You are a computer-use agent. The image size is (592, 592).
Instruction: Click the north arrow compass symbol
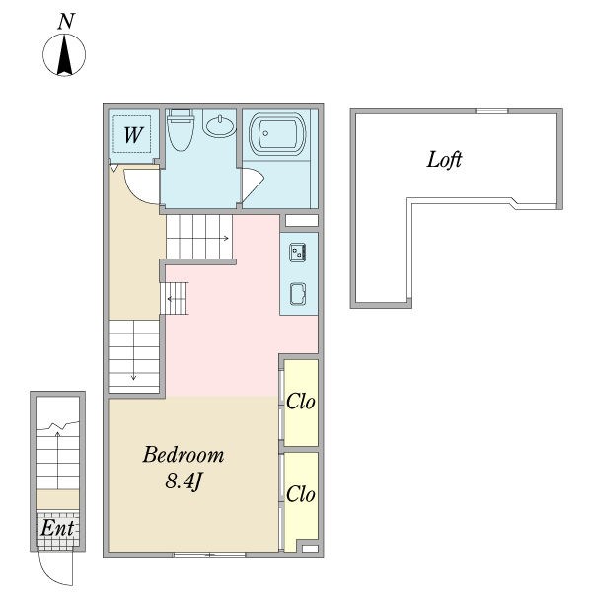click(64, 54)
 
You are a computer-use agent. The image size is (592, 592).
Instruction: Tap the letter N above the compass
click(66, 21)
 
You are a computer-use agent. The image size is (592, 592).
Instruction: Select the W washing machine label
click(133, 135)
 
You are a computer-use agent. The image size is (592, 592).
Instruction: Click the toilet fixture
click(181, 129)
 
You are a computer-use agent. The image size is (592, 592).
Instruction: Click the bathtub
click(277, 134)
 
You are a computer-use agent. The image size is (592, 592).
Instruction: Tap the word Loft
click(444, 159)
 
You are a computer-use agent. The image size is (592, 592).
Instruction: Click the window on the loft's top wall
click(491, 111)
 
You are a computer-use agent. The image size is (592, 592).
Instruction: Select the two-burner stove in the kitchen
click(298, 253)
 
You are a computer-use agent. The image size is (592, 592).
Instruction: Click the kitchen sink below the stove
click(298, 294)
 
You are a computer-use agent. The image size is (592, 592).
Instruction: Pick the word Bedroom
click(184, 455)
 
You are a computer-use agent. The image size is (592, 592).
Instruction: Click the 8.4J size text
click(184, 481)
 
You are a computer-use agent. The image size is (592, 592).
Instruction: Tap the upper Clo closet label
click(301, 402)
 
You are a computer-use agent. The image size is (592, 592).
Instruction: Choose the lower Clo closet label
click(301, 494)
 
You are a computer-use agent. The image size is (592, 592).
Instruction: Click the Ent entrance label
click(57, 528)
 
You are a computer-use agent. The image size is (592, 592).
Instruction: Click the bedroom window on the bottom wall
click(209, 555)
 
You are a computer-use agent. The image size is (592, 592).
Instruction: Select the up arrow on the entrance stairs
click(57, 461)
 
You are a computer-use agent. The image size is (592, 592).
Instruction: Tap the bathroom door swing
click(253, 185)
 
